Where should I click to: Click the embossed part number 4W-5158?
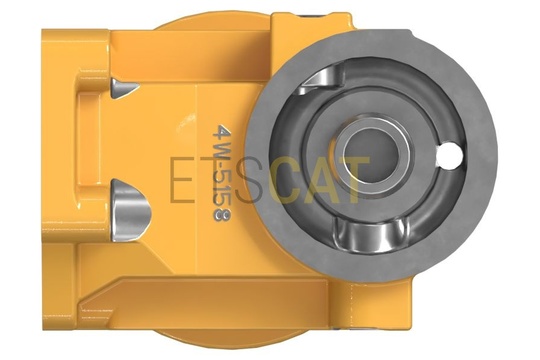click(x=221, y=173)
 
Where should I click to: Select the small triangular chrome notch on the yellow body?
click(x=125, y=89)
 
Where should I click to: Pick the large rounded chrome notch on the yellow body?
click(x=131, y=209)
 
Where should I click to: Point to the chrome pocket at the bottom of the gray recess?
click(x=371, y=235)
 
